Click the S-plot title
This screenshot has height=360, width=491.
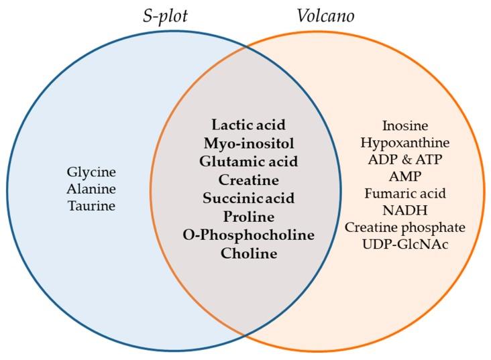165,16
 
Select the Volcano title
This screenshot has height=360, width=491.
326,15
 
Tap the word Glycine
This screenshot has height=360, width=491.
91,172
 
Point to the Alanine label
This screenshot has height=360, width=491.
91,189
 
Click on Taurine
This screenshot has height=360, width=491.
92,206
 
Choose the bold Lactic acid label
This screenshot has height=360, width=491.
249,125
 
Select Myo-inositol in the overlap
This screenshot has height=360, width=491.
249,143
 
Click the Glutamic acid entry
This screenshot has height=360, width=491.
249,162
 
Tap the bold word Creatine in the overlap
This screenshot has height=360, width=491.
249,180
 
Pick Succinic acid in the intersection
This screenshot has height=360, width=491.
249,198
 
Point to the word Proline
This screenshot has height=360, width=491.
249,217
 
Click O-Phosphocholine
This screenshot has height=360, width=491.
249,235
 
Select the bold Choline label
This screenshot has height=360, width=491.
249,253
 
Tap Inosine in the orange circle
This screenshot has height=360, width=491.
405,125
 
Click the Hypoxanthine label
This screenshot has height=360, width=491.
405,143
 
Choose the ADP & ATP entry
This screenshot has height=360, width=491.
405,160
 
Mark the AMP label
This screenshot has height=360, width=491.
405,176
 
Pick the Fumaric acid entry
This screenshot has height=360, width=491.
405,193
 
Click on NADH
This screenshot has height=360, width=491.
405,210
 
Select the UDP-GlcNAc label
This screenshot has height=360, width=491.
405,244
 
